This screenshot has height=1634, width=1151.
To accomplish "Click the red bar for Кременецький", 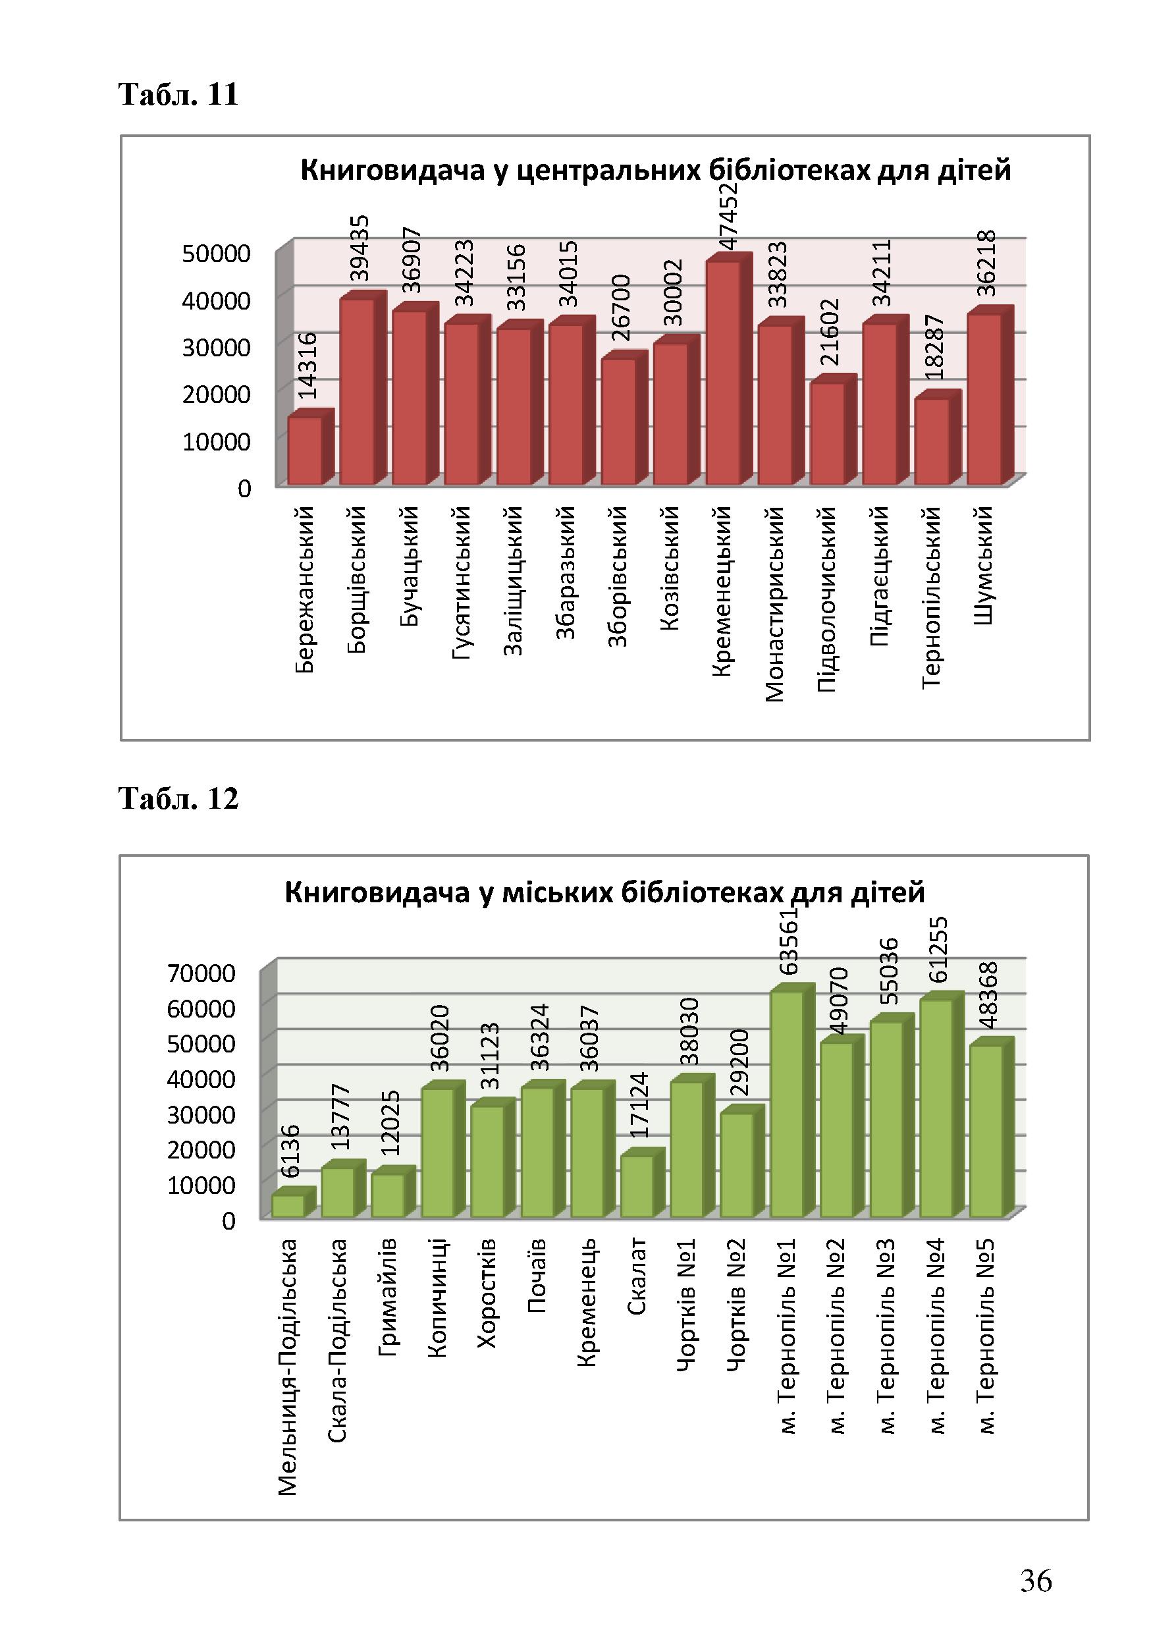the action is pos(728,369).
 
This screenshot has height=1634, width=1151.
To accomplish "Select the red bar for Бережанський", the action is pos(309,448).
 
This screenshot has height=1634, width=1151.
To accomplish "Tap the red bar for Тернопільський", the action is pos(937,439).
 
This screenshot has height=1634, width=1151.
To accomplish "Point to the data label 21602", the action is pos(832,333).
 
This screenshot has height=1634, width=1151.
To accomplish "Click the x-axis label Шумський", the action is pos(984,566).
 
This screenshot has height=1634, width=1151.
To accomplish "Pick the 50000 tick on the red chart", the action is pos(216,254).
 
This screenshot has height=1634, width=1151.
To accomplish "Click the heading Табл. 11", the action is pos(178,95).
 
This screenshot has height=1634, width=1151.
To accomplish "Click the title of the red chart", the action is pos(655,171).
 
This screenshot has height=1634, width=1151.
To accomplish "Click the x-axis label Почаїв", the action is pos(537,1275).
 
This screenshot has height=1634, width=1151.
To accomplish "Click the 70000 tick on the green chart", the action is pos(201,973).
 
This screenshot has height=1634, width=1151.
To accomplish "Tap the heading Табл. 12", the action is pos(178,799).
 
